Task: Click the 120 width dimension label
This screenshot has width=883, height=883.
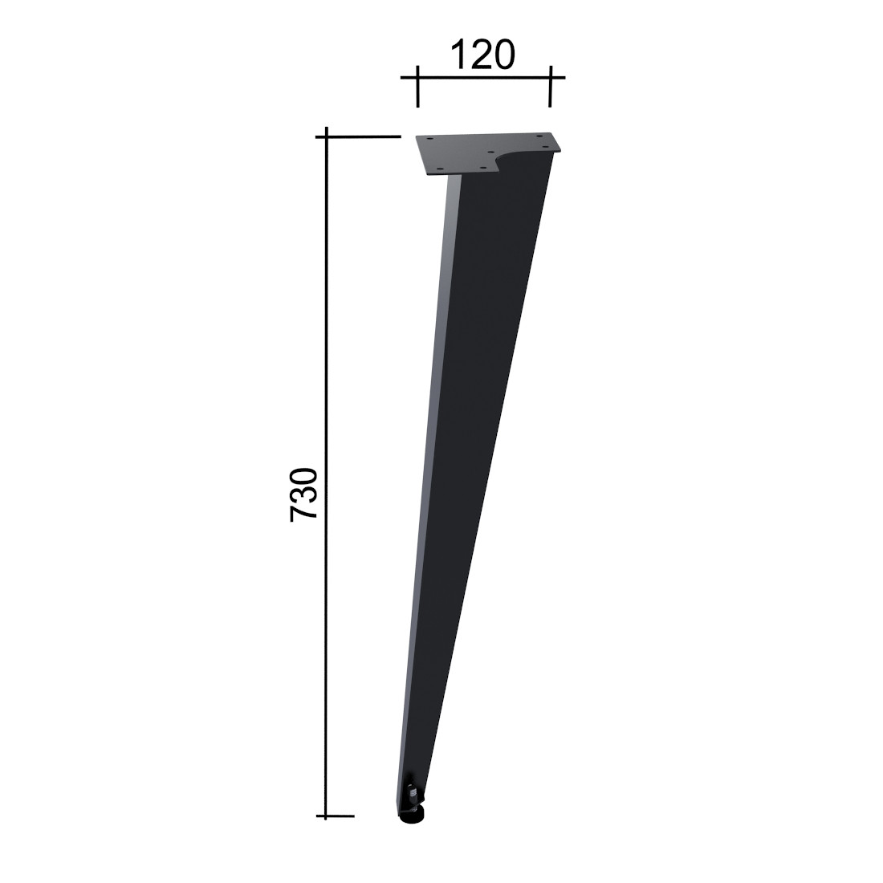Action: point(483,55)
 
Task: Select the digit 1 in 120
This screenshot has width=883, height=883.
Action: point(457,55)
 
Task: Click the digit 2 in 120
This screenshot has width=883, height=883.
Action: point(482,55)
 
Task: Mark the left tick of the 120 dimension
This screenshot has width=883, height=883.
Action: point(417,86)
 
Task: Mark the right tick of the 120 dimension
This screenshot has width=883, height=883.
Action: point(550,86)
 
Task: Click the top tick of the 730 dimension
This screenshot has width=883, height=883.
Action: point(358,136)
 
